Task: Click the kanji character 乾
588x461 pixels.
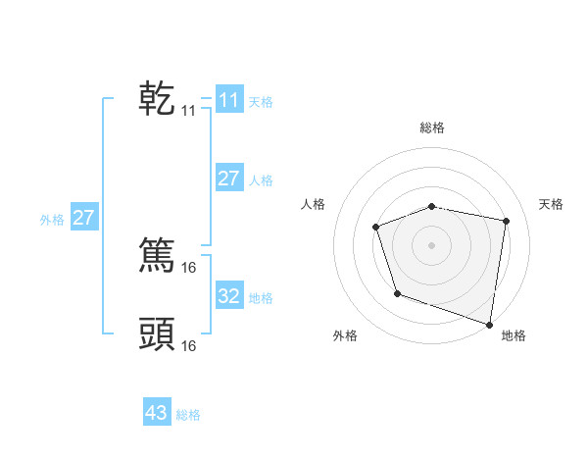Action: [x=157, y=99]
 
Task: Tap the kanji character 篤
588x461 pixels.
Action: [x=157, y=254]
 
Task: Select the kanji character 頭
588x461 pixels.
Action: [x=157, y=333]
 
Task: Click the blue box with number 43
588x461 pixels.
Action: [x=157, y=413]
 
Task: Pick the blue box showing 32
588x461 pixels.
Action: [x=229, y=296]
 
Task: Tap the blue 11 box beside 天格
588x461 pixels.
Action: [x=229, y=100]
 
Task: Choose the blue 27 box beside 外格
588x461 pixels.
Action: [x=84, y=218]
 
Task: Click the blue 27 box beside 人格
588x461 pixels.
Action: [x=229, y=179]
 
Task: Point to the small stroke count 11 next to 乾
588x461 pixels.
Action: [x=189, y=112]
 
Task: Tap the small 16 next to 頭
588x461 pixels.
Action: [x=189, y=345]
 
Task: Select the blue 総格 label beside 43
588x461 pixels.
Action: [x=188, y=415]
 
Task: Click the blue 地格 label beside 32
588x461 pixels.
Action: [x=261, y=298]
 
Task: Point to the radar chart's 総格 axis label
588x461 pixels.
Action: [x=431, y=128]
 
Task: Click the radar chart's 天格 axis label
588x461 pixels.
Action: [x=551, y=204]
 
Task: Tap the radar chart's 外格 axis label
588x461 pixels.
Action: [x=345, y=335]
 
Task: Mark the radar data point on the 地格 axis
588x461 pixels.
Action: [x=490, y=323]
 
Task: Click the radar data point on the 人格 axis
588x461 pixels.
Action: [x=375, y=227]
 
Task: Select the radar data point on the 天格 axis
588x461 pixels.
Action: [x=507, y=221]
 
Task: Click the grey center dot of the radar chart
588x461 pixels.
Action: [x=431, y=244]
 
